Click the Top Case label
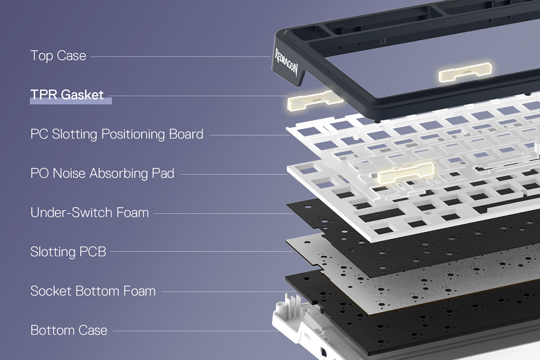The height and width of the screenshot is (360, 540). click(x=58, y=56)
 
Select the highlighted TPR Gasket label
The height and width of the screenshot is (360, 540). click(x=67, y=95)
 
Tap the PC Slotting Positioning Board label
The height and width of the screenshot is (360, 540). click(x=117, y=134)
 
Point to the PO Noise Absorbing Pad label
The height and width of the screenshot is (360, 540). click(x=102, y=173)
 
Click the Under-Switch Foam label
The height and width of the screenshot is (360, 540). click(x=90, y=212)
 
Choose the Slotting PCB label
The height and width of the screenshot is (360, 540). click(x=68, y=252)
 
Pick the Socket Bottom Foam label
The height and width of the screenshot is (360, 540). click(x=93, y=291)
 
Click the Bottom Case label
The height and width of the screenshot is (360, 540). click(x=69, y=330)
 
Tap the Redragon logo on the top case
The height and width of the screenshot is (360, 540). click(x=286, y=62)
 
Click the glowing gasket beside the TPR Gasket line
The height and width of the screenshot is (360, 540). click(x=315, y=100)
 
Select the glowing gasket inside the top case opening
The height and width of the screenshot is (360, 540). click(x=465, y=72)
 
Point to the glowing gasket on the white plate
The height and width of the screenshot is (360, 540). click(x=405, y=173)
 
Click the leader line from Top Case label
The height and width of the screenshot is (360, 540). click(x=181, y=57)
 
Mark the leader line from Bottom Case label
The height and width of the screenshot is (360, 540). click(x=196, y=331)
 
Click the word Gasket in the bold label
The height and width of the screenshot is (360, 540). click(x=82, y=95)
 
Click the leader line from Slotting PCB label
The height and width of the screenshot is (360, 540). click(x=202, y=252)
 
